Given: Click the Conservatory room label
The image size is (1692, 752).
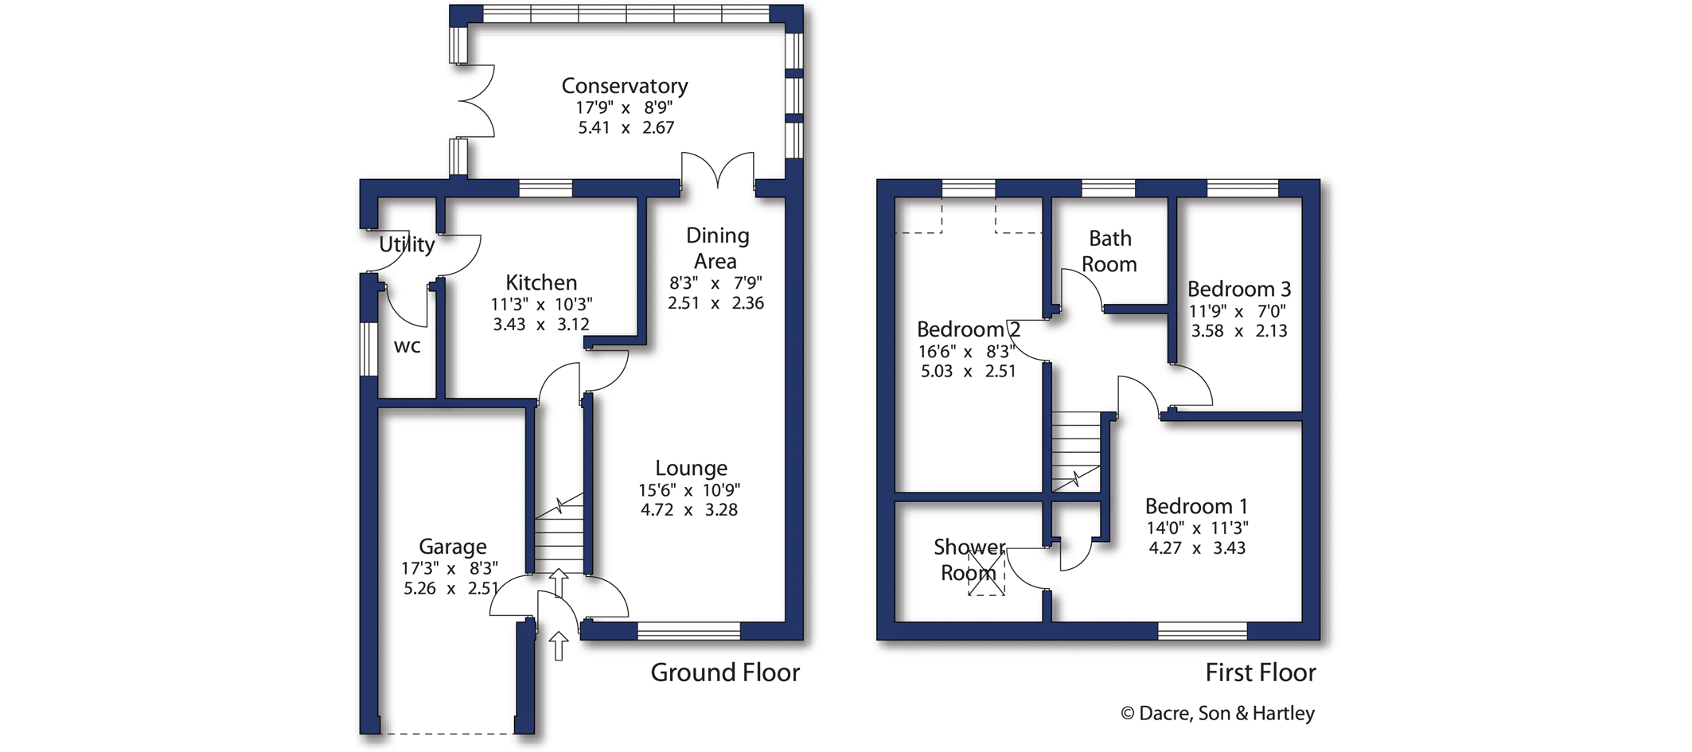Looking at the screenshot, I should (624, 86).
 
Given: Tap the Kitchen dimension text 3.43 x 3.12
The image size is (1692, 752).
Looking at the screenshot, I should (540, 325).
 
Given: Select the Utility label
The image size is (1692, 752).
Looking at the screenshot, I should (407, 244).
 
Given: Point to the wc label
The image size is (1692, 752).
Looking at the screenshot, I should (407, 346).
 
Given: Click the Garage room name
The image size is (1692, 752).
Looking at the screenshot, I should (452, 547).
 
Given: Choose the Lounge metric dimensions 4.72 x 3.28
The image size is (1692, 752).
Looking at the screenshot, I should (688, 510).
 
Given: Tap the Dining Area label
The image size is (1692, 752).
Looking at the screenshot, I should (716, 248).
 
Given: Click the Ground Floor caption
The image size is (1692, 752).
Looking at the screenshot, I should (724, 673).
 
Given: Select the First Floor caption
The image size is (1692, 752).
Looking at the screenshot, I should (1260, 673).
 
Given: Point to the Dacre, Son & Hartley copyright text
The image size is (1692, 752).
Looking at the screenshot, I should (1218, 714).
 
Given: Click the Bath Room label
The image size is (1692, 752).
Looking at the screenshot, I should (1109, 251).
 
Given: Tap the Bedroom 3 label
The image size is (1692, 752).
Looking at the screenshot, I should (1238, 289).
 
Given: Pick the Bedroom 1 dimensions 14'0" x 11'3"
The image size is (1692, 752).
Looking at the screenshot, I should (1197, 528).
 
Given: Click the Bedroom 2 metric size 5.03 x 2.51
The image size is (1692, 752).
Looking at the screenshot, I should (968, 372).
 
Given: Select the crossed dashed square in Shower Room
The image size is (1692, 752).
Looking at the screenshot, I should (986, 572).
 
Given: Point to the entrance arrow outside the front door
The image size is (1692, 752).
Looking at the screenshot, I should (559, 645).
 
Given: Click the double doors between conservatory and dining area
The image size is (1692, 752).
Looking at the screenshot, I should (718, 172).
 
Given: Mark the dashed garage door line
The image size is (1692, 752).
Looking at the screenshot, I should (447, 733).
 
